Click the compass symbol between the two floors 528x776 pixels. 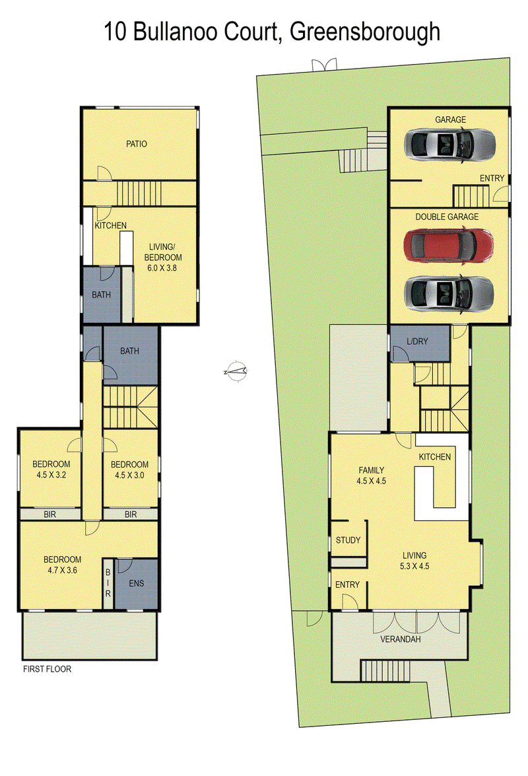236,370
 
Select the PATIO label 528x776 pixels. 137,144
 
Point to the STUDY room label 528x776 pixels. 348,540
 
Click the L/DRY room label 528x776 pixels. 417,341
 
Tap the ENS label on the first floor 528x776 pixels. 137,583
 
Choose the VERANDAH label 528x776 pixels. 401,639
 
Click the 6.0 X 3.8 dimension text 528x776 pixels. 162,267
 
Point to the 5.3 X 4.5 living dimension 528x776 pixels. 414,566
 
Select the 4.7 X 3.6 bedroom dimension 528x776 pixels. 62,570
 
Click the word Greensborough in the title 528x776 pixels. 365,32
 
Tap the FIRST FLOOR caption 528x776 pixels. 47,669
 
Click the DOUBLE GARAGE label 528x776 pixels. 447,217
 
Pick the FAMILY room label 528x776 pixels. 372,470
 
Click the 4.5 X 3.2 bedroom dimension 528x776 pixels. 51,475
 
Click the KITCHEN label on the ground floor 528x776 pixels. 434,457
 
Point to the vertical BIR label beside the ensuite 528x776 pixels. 108,583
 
